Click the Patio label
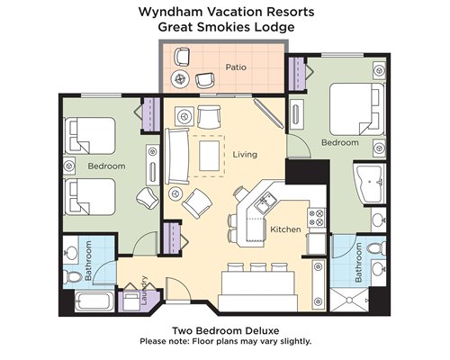point(236,67)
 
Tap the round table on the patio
point(180,79)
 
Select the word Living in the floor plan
point(245,155)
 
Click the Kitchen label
point(285,229)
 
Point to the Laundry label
point(144,291)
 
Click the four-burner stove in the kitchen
point(317,218)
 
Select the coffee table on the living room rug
point(209,156)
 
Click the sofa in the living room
point(177,156)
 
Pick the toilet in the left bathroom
point(73,276)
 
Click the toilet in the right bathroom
point(376,248)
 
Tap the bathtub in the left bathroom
point(94,301)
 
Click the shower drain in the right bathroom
point(349,300)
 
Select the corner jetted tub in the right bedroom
point(369,184)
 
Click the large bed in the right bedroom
point(356,109)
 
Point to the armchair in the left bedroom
point(148,198)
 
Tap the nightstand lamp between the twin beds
point(69,166)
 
